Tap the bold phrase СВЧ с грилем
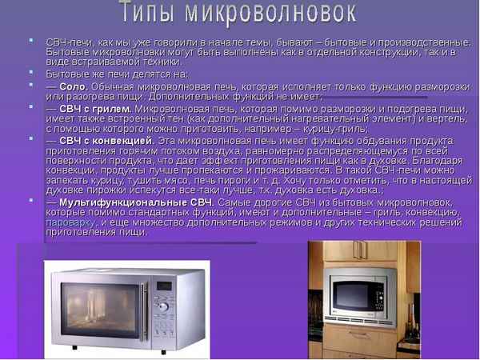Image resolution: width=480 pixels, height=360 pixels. (x=94, y=107)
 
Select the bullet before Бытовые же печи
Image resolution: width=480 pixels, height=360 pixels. (x=30, y=72)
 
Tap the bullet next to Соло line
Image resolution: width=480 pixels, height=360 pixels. (x=30, y=84)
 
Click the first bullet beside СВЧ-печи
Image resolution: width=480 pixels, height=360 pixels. (x=30, y=40)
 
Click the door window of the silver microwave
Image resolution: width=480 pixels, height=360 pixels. (x=95, y=309)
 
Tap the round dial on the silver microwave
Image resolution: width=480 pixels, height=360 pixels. (x=163, y=306)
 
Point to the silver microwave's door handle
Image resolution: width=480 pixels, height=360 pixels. (x=144, y=309)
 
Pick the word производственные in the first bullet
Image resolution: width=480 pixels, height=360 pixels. (x=427, y=41)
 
